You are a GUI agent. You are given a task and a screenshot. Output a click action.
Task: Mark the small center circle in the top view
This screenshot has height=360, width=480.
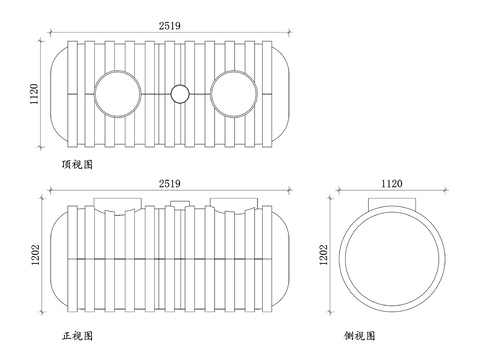tap(179, 94)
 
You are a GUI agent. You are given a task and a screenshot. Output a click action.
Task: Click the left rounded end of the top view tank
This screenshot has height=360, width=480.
tap(58, 94)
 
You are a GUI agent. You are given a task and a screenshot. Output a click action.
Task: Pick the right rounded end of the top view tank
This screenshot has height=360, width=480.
tap(285, 94)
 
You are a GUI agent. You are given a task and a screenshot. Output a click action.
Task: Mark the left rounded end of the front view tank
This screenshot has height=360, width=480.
tap(58, 258)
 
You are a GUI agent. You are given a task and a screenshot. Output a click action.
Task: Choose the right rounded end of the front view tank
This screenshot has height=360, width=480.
tap(285, 258)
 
